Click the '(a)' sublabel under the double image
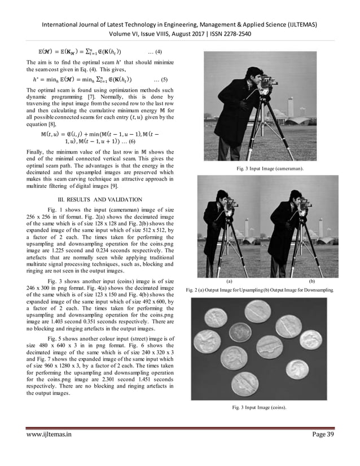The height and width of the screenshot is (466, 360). pyautogui.click(x=228, y=280)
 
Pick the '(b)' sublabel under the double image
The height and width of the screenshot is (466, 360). pyautogui.click(x=311, y=280)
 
